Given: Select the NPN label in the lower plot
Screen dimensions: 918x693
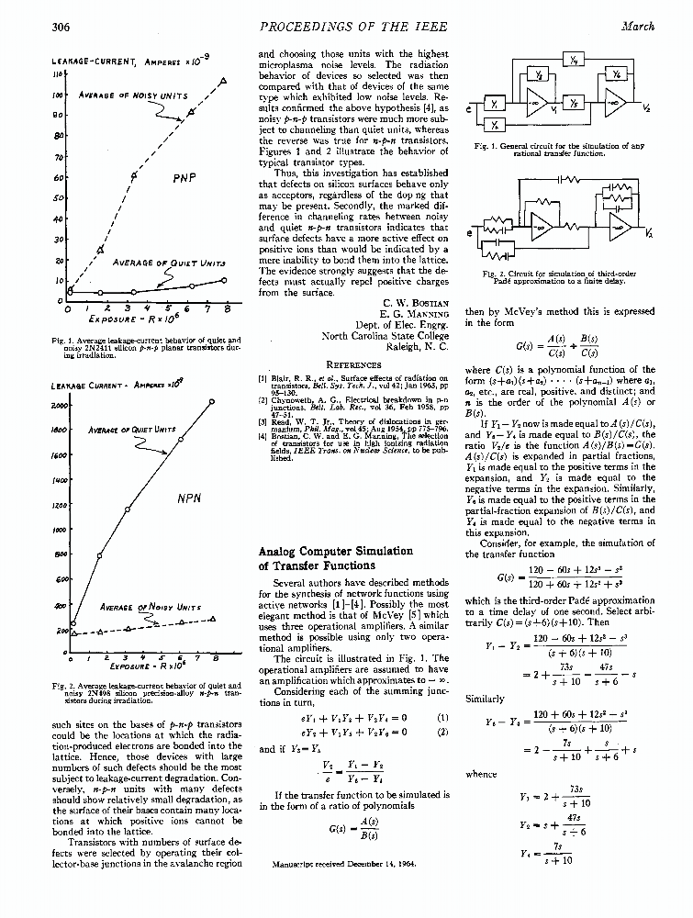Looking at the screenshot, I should tap(189, 499).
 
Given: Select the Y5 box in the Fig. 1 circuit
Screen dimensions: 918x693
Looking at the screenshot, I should tap(575, 102).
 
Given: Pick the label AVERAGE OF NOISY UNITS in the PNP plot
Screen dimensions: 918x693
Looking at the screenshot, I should tap(133, 95).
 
